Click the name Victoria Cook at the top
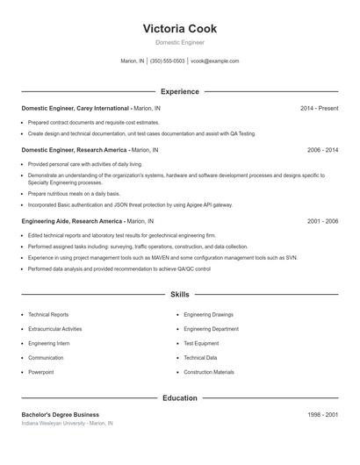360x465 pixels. pyautogui.click(x=179, y=28)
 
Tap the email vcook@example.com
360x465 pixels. pyautogui.click(x=214, y=61)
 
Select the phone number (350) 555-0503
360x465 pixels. pyautogui.click(x=168, y=61)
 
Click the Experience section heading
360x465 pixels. pyautogui.click(x=179, y=91)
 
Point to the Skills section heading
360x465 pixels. pyautogui.click(x=179, y=294)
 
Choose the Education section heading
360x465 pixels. pyautogui.click(x=179, y=397)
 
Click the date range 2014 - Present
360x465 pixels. pyautogui.click(x=319, y=108)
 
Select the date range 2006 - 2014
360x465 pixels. pyautogui.click(x=322, y=150)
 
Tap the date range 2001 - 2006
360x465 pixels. pyautogui.click(x=322, y=221)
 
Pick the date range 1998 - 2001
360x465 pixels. pyautogui.click(x=322, y=414)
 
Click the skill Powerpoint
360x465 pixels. pyautogui.click(x=40, y=372)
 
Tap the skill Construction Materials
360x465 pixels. pyautogui.click(x=209, y=372)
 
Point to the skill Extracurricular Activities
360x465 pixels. pyautogui.click(x=55, y=329)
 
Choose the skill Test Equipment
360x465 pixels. pyautogui.click(x=201, y=343)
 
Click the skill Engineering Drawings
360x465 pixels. pyautogui.click(x=208, y=314)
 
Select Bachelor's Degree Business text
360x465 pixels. pyautogui.click(x=60, y=414)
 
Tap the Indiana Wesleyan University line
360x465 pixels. pyautogui.click(x=67, y=423)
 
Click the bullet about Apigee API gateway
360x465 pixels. pyautogui.click(x=130, y=204)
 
